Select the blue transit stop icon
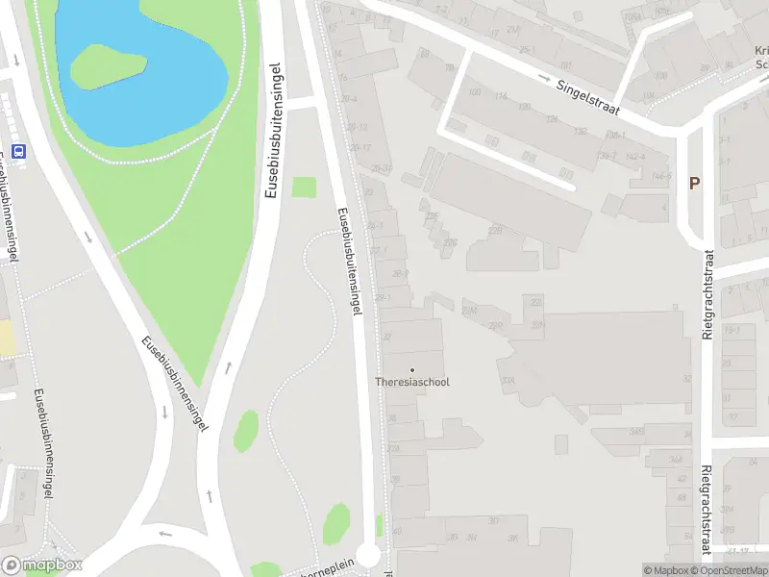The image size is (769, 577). [x=17, y=150]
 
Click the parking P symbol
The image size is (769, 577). [x=694, y=183]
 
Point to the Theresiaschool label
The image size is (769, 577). [x=411, y=382]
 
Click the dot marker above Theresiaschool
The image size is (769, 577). [x=412, y=369]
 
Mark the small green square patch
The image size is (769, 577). [x=304, y=188]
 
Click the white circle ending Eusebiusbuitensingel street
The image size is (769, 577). [x=368, y=556]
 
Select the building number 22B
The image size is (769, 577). [x=495, y=231]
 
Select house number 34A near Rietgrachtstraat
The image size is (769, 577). [x=676, y=461]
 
